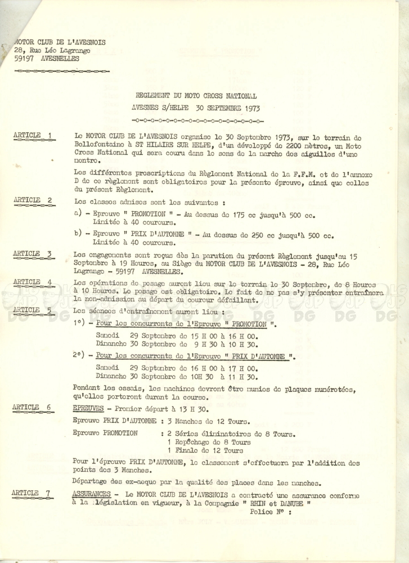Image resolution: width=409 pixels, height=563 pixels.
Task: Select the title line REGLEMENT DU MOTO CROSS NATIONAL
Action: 196,96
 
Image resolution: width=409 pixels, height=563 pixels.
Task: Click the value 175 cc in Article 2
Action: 254,215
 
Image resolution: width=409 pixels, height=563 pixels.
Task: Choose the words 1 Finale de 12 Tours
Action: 205,451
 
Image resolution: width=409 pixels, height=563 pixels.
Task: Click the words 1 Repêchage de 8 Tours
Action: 209,443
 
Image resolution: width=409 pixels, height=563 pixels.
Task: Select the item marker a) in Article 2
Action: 78,215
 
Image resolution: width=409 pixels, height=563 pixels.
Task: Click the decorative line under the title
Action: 196,120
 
